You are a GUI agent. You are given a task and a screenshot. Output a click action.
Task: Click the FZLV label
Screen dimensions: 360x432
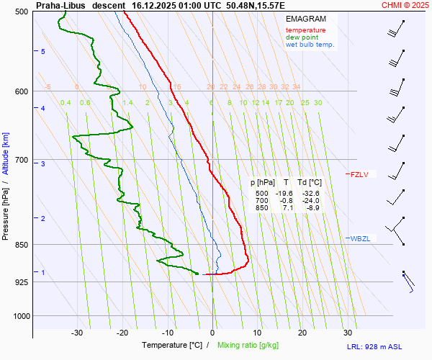click(x=359, y=174)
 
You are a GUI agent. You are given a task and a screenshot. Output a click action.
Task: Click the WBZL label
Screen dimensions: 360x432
click(x=360, y=238)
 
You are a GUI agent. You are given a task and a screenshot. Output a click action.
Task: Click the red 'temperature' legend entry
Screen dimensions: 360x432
click(x=305, y=30)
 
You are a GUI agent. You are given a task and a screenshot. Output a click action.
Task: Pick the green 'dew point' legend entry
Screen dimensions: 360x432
click(x=302, y=37)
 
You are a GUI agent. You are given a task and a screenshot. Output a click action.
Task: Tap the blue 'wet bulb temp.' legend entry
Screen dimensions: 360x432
click(x=310, y=45)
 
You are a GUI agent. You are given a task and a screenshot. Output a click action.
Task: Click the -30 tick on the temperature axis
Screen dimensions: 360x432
click(x=77, y=333)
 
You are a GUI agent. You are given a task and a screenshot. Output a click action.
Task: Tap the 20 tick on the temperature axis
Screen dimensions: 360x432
click(x=302, y=333)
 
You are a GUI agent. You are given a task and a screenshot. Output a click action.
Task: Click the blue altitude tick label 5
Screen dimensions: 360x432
click(x=43, y=51)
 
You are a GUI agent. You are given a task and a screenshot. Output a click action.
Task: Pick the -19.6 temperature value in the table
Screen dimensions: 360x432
click(x=284, y=194)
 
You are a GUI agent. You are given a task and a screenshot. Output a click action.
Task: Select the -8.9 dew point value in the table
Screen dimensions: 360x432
click(x=312, y=208)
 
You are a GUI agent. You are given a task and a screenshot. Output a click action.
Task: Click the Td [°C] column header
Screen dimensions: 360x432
click(x=310, y=183)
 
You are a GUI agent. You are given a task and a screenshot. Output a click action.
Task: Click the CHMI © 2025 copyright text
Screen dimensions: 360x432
click(x=406, y=5)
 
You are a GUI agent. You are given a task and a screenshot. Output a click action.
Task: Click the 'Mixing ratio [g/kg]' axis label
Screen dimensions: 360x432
click(x=250, y=346)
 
